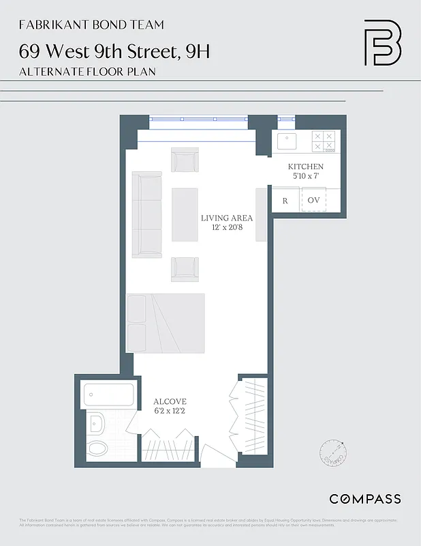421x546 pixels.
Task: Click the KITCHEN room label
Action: pos(305,167)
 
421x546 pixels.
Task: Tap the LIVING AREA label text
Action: pos(226,218)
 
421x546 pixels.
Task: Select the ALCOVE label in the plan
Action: pos(170,401)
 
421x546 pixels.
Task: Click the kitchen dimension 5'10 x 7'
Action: pos(305,176)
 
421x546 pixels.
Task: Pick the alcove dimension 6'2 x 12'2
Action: pos(170,410)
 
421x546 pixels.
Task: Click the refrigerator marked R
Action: pos(285,201)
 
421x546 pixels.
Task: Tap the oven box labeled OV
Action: pos(313,201)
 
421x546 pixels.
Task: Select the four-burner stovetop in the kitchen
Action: pos(323,141)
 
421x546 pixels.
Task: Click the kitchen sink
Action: pos(286,141)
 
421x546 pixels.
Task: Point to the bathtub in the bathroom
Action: pos(109,394)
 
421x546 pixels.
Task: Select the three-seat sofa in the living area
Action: pos(146,214)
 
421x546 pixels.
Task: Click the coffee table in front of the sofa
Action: pos(185,214)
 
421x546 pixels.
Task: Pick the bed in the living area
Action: pos(166,324)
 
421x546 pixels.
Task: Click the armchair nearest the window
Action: pos(185,161)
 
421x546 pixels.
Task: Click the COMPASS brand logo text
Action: pos(365,499)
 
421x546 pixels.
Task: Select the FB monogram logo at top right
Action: pos(382,42)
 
